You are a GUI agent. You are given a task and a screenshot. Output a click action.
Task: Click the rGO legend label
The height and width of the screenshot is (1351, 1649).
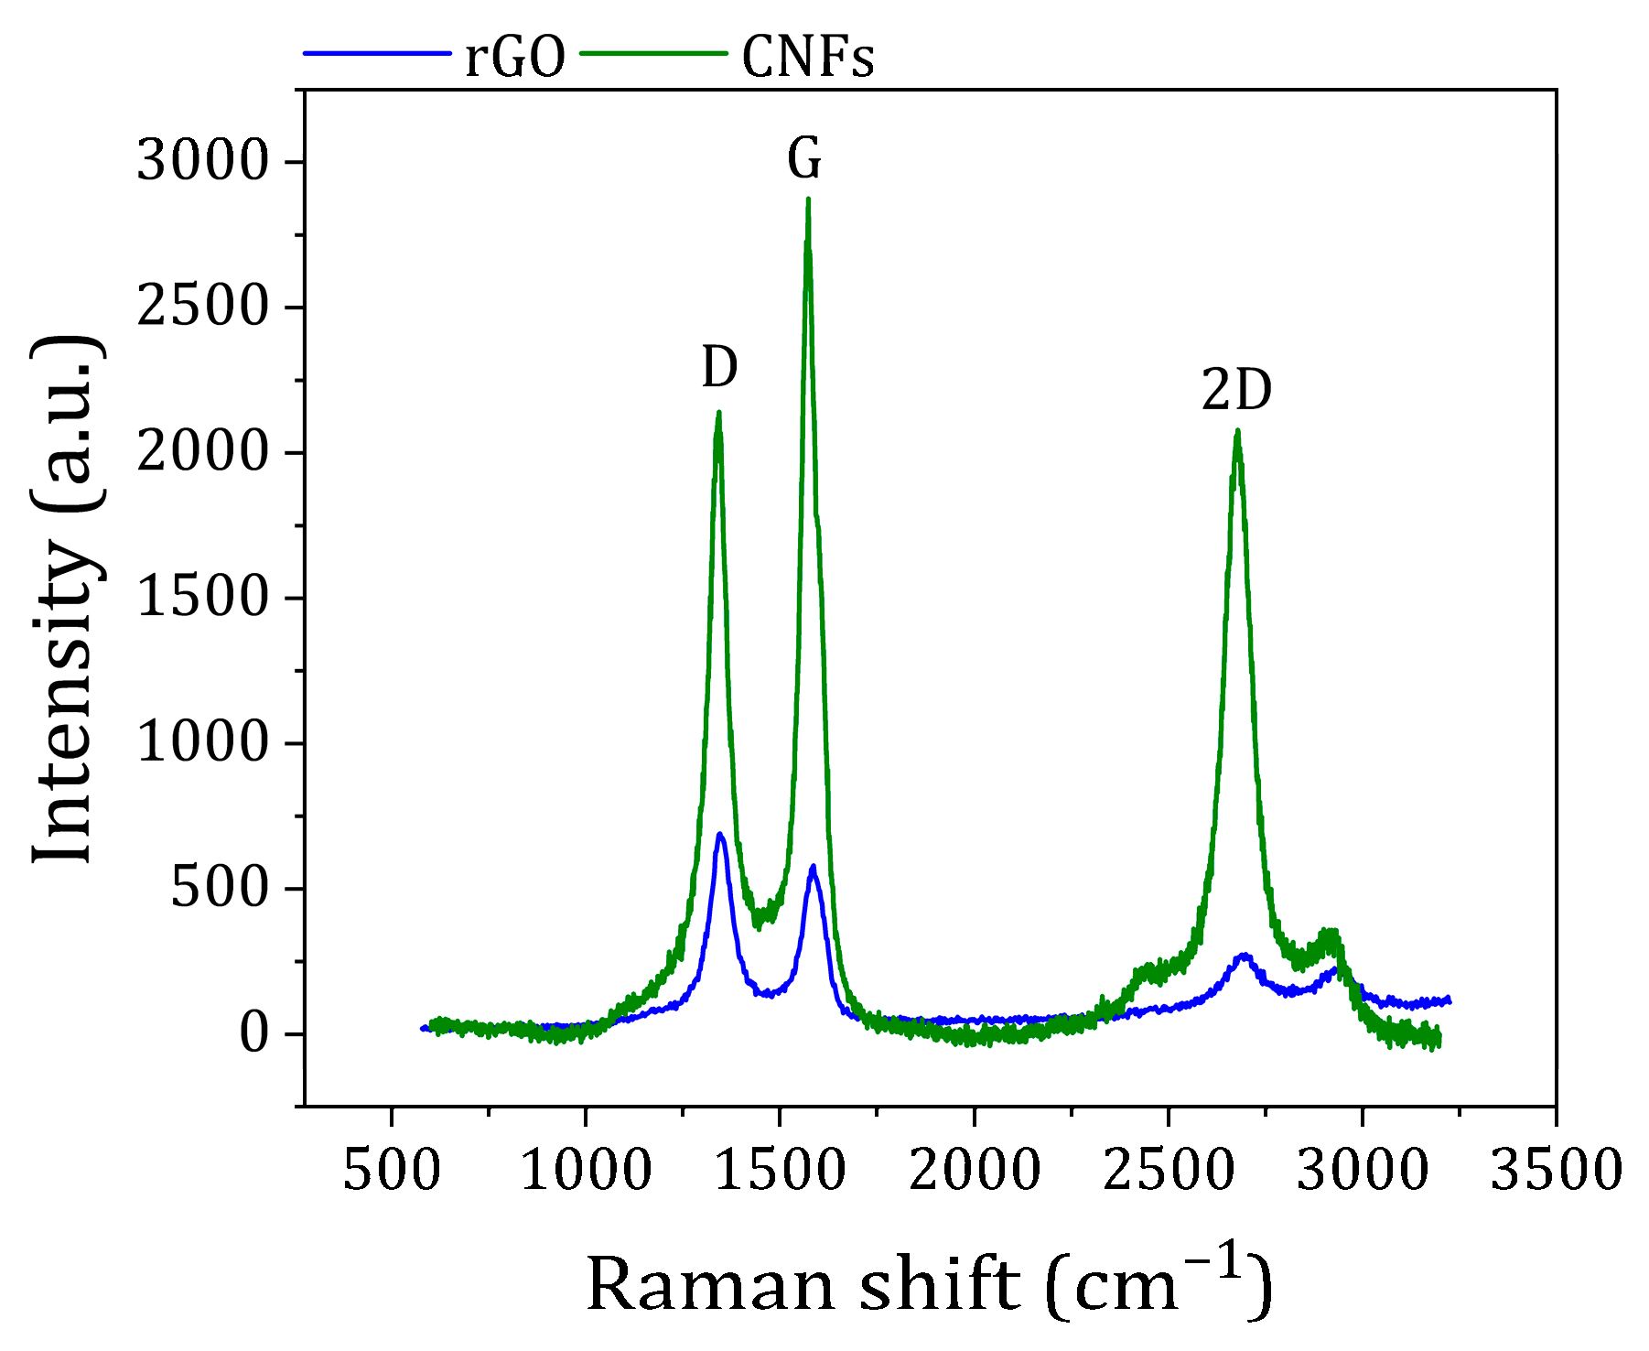(x=515, y=57)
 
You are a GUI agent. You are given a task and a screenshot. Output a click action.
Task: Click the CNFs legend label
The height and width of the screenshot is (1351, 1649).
(x=807, y=57)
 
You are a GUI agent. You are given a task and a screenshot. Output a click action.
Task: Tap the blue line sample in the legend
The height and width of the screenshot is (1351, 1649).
(x=378, y=53)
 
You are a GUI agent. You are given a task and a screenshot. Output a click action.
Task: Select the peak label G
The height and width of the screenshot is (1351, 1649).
(x=804, y=159)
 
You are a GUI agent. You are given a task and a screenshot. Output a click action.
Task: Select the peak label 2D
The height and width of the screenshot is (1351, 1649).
(x=1236, y=391)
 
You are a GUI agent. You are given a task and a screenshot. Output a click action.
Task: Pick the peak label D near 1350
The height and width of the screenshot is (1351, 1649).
(x=719, y=368)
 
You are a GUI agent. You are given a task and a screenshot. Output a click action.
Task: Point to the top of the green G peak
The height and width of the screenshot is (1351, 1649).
(x=808, y=200)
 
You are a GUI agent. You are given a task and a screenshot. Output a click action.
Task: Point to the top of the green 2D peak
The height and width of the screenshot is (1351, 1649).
(x=1237, y=431)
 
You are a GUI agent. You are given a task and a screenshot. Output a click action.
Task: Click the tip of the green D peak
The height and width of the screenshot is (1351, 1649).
(x=719, y=413)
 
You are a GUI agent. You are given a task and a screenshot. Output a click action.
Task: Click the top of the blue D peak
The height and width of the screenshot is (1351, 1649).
(x=720, y=834)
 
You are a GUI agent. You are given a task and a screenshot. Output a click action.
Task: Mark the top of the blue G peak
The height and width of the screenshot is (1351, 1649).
(x=813, y=866)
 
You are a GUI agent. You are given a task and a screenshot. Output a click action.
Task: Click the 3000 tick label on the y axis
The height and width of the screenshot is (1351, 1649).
(x=202, y=162)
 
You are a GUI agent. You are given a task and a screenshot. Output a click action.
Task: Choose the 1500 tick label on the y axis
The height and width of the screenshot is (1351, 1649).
(x=202, y=598)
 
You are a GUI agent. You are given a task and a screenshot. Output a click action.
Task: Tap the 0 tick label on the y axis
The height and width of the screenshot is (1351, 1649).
(x=253, y=1033)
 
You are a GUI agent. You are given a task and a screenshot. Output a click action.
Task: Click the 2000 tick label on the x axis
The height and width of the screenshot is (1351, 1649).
(x=974, y=1171)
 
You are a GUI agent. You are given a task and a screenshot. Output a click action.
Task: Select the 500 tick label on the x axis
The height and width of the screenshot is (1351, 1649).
(x=392, y=1171)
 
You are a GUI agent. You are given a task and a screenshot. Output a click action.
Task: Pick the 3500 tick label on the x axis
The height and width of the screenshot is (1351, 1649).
(x=1556, y=1171)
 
